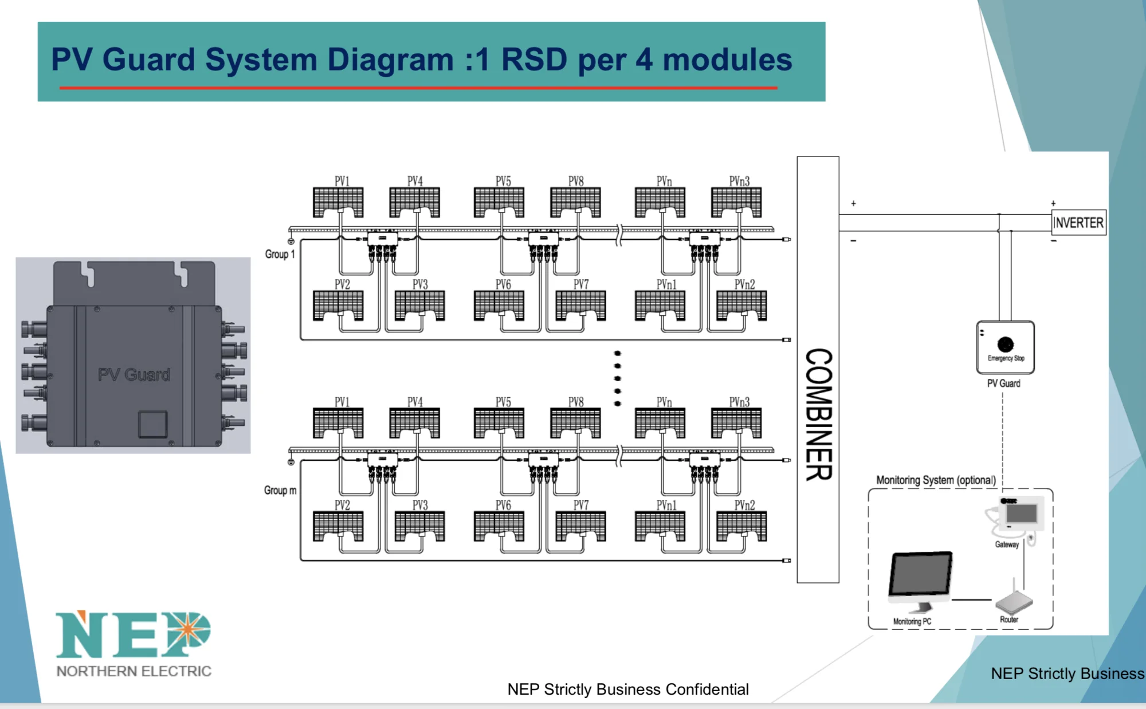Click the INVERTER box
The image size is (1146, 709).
(1078, 222)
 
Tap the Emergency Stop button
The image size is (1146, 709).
(1005, 344)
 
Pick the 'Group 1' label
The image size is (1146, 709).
(280, 254)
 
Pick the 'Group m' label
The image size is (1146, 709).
(280, 490)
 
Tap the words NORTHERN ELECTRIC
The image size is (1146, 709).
(134, 671)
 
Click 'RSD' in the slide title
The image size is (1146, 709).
(534, 60)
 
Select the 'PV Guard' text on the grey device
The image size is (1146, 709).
(134, 375)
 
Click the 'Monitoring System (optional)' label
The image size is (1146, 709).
(936, 480)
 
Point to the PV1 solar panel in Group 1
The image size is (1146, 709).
(338, 202)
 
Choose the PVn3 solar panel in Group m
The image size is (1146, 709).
(736, 423)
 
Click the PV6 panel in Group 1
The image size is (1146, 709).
(499, 305)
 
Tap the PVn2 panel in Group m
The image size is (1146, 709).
(741, 526)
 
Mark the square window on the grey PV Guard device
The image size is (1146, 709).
(152, 425)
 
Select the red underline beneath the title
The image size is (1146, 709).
(418, 88)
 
